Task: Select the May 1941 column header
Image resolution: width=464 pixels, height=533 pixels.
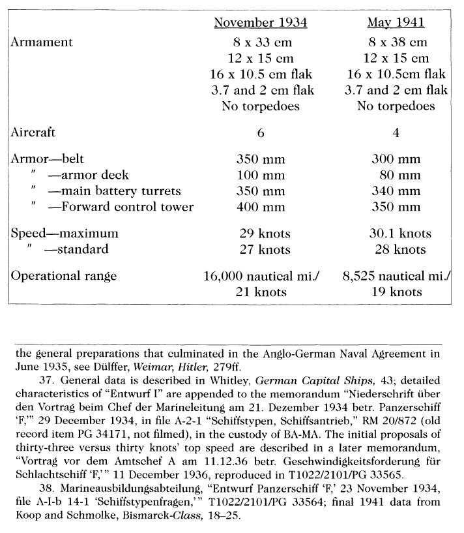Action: tap(396, 23)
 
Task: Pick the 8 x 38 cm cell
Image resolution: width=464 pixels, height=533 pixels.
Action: tap(396, 42)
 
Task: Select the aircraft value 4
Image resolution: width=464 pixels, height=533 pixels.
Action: tap(396, 133)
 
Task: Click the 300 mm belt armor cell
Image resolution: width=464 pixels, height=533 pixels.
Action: tap(396, 159)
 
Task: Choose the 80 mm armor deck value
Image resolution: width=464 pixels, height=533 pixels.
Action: tap(399, 175)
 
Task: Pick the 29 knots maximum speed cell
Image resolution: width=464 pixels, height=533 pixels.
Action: tap(264, 234)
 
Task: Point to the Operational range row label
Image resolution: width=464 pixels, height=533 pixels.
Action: tap(61, 275)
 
